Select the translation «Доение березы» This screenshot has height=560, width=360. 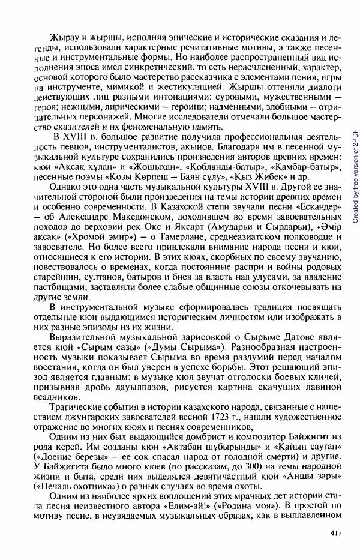[79, 458]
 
